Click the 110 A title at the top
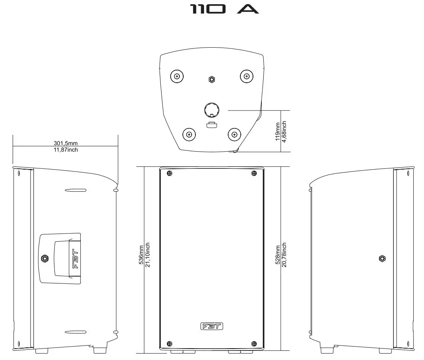click(224, 10)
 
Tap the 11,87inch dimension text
click(66, 150)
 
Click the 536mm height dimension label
click(141, 254)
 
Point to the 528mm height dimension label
click(278, 254)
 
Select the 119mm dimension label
click(278, 131)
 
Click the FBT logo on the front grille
click(211, 326)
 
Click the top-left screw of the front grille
click(169, 174)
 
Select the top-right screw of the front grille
click(254, 174)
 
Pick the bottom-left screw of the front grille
click(170, 343)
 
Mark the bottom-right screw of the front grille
click(254, 343)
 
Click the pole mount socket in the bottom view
click(211, 110)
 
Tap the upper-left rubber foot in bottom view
click(177, 76)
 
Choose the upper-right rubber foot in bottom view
click(246, 76)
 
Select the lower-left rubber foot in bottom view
click(189, 134)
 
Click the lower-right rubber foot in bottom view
click(234, 134)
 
